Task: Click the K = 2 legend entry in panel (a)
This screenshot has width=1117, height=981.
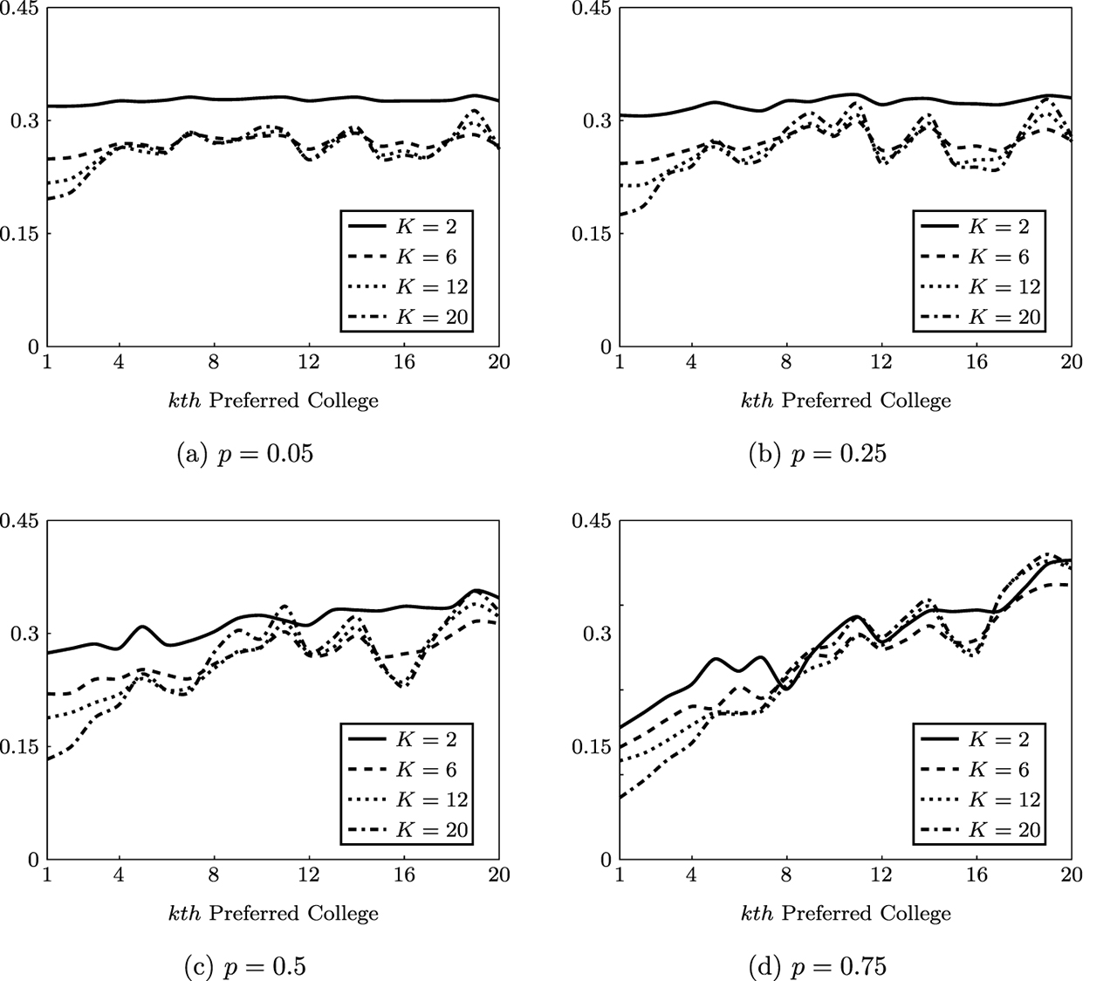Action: click(x=405, y=227)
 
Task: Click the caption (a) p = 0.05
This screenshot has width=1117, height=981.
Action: click(x=245, y=455)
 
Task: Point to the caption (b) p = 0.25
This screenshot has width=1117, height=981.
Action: click(x=818, y=455)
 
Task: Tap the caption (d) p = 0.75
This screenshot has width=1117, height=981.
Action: click(x=818, y=967)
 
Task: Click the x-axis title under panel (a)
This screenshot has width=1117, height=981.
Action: click(x=273, y=401)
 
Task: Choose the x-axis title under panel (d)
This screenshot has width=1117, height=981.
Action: click(x=846, y=913)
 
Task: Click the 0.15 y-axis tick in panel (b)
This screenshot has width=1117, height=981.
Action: click(x=591, y=234)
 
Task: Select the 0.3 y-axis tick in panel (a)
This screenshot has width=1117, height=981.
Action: click(x=24, y=120)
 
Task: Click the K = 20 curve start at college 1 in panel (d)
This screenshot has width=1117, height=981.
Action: click(x=621, y=798)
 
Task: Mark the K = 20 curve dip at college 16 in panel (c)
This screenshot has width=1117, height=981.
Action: click(x=402, y=687)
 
